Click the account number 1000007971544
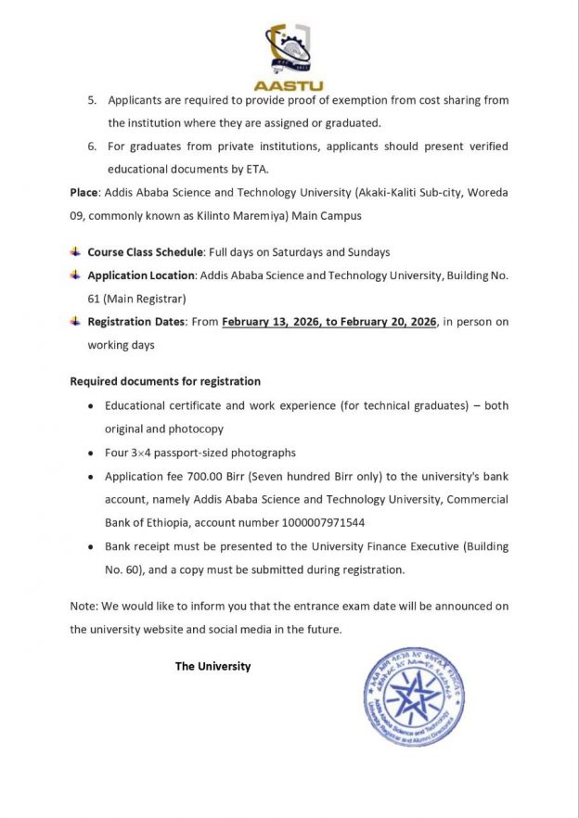click(x=318, y=522)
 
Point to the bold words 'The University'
click(x=212, y=666)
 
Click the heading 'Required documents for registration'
click(x=165, y=381)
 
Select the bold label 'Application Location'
click(x=141, y=275)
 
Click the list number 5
click(x=92, y=100)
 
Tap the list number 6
click(x=92, y=147)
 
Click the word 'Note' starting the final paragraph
click(x=83, y=606)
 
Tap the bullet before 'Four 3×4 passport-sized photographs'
click(x=89, y=454)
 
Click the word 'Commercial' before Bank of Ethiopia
click(x=476, y=499)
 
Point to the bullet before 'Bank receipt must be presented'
click(x=89, y=547)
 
